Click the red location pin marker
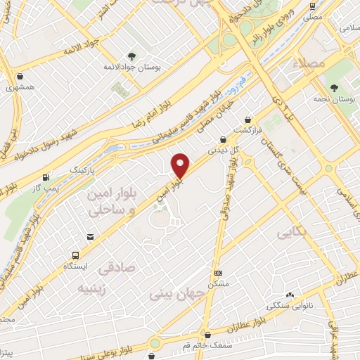(x=181, y=166)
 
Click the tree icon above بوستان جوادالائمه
(x=131, y=55)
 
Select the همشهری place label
(x=20, y=88)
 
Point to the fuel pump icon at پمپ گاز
(x=46, y=177)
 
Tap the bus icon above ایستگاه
(x=75, y=255)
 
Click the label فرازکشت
(x=248, y=131)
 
